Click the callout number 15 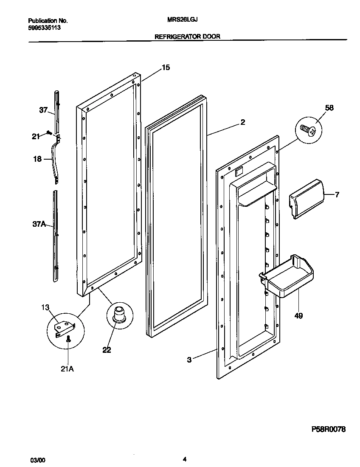click(166, 68)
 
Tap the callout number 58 click(329, 108)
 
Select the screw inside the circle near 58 click(309, 130)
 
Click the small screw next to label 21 click(49, 133)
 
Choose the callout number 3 click(189, 360)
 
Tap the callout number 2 click(242, 122)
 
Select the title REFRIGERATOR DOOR click(187, 37)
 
